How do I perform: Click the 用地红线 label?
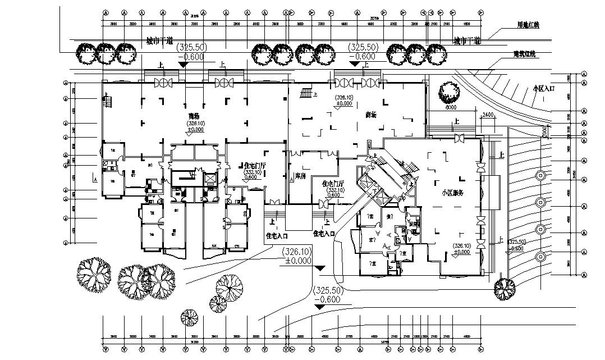(528, 26)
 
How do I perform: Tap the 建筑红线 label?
(525, 54)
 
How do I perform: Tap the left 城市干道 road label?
(159, 41)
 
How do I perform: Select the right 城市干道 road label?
(467, 41)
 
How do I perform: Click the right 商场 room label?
(370, 115)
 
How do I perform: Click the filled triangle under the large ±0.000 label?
(319, 268)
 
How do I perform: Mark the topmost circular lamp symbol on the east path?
(540, 175)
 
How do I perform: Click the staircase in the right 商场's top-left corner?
(306, 93)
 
